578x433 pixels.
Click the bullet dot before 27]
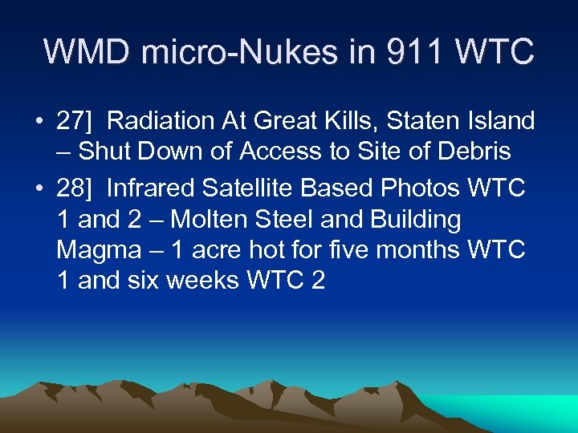pyautogui.click(x=39, y=122)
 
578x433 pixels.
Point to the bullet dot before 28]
pyautogui.click(x=39, y=189)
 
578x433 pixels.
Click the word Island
pyautogui.click(x=503, y=122)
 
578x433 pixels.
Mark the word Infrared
pyautogui.click(x=150, y=189)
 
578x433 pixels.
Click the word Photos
pyautogui.click(x=418, y=189)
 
